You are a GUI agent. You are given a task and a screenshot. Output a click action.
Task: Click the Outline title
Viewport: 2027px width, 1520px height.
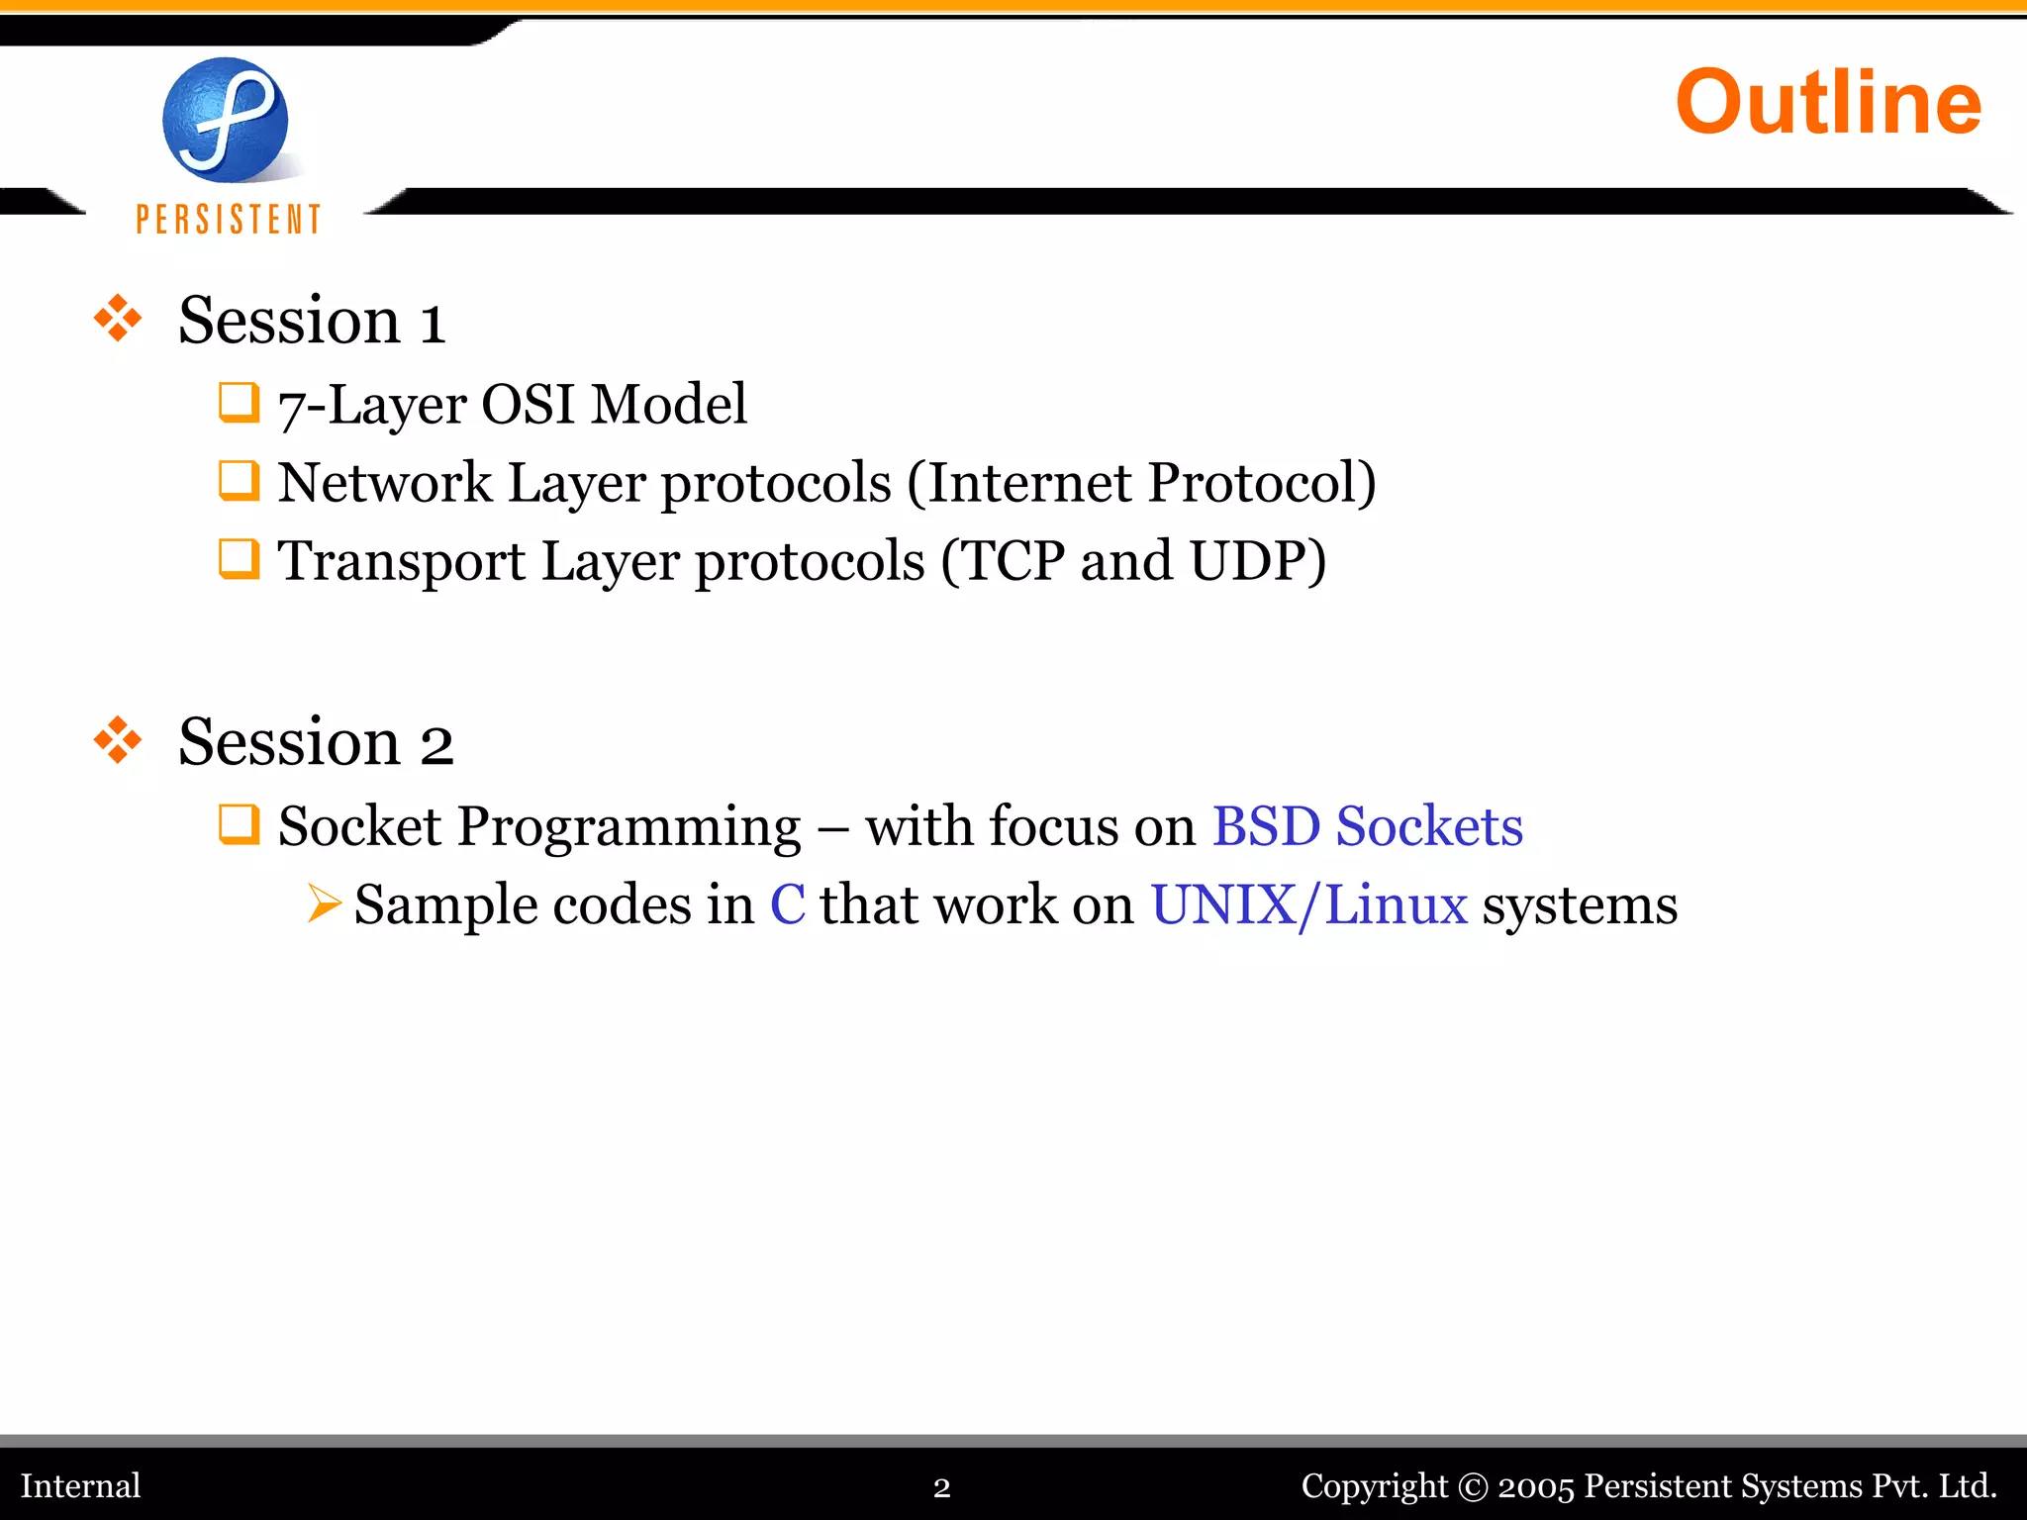(1827, 102)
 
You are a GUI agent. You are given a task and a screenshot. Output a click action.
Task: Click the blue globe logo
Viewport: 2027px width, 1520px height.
(226, 120)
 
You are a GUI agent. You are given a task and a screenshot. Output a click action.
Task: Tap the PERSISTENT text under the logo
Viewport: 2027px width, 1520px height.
(229, 219)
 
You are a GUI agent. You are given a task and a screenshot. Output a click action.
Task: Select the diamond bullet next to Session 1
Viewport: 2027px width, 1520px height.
(118, 319)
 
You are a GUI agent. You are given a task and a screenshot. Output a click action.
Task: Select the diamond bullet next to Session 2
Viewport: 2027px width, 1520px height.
(118, 740)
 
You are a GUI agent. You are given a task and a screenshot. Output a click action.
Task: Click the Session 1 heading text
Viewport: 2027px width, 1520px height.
(312, 321)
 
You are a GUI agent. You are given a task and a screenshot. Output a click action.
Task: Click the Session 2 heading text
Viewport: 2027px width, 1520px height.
(316, 742)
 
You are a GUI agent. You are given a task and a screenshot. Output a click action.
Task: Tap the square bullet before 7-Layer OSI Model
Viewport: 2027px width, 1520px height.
(239, 403)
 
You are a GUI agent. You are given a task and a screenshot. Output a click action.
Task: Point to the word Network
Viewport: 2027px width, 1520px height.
(384, 483)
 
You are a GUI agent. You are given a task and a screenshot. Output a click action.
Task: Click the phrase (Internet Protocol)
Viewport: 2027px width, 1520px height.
(1140, 483)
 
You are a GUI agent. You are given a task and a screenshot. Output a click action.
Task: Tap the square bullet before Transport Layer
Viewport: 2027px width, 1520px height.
(239, 559)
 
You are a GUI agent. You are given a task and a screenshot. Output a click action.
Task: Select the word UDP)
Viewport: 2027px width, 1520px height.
(1257, 561)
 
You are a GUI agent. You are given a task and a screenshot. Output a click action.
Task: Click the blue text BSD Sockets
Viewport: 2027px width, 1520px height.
(1367, 826)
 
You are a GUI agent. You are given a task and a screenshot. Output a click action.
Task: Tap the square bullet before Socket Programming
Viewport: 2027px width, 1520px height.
(239, 824)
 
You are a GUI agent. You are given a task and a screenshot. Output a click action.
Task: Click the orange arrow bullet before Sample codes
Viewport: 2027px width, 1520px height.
(324, 903)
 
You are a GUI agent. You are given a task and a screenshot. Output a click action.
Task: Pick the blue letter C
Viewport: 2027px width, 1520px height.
(788, 904)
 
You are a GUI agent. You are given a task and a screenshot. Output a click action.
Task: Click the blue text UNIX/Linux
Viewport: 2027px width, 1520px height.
(1308, 904)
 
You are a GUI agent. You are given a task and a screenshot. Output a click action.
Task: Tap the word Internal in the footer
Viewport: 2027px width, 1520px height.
(80, 1485)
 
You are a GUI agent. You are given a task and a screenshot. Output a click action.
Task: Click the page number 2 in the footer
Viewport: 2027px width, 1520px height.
(941, 1487)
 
